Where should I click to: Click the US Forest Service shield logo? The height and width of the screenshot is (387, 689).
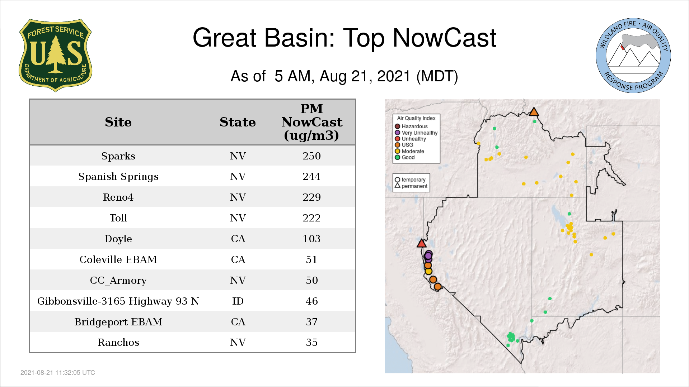coord(55,56)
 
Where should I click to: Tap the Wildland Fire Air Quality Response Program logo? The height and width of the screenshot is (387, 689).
coord(633,56)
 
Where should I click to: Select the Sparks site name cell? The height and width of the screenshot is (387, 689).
coord(118,156)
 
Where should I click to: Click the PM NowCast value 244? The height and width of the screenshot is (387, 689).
coord(311,176)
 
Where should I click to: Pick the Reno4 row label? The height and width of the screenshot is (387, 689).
coord(118,197)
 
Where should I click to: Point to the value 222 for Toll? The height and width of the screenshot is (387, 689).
coord(311,218)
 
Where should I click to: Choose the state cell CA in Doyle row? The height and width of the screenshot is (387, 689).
coord(238,239)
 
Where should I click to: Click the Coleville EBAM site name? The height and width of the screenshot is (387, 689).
coord(118,259)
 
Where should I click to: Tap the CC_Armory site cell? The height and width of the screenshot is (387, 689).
coord(118,280)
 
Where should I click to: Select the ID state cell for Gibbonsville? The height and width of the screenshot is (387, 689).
coord(238,301)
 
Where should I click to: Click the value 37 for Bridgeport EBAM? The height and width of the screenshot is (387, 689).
coord(311,322)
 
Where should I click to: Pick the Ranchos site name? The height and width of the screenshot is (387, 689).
coord(118,342)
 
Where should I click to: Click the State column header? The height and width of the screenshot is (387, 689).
coord(238,122)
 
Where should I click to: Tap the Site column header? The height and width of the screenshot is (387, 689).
coord(118,122)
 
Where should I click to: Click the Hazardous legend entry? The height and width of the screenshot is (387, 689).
coord(411,126)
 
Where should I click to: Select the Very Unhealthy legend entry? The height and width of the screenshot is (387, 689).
coord(416,133)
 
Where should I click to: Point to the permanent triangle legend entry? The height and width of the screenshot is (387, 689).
coord(411,186)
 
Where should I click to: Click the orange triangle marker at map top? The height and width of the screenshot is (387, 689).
coord(534,112)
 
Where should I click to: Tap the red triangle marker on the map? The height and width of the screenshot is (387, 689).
coord(422,243)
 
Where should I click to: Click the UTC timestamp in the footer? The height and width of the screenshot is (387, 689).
coord(58,373)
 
